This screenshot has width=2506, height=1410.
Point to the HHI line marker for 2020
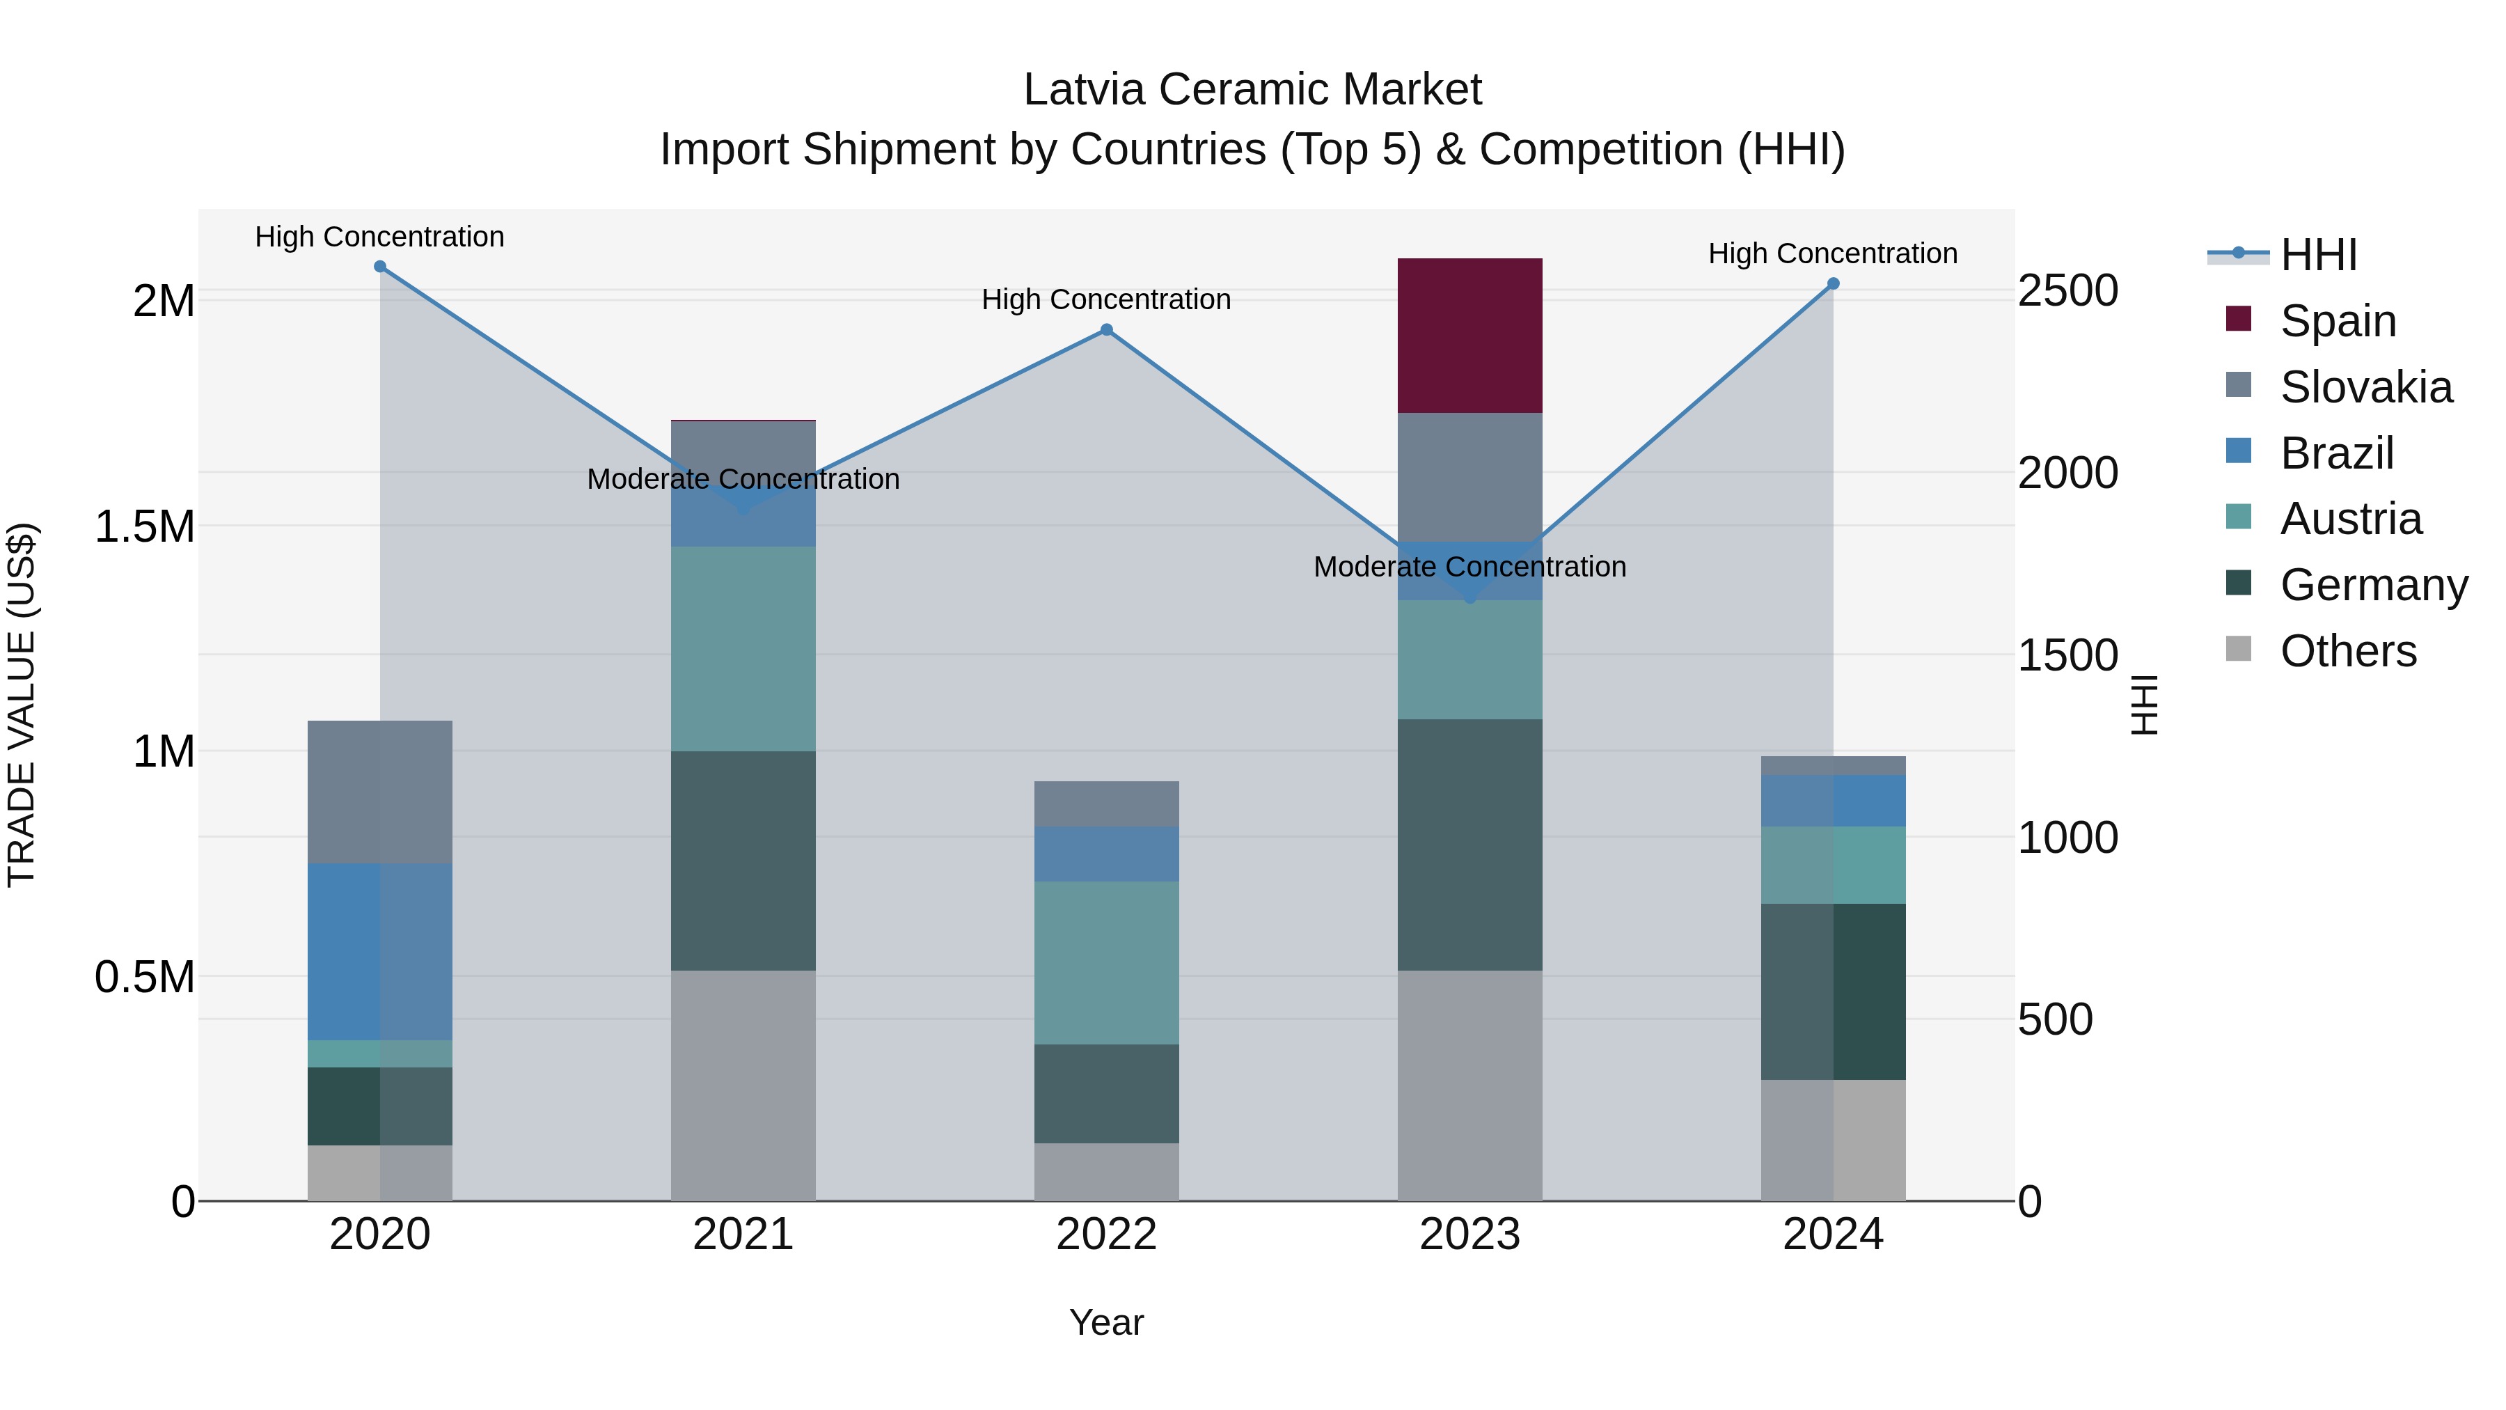(x=380, y=267)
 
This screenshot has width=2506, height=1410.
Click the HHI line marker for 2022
(x=1106, y=330)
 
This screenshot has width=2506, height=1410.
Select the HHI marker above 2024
(x=1833, y=284)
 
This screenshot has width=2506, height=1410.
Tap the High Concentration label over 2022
(x=1106, y=299)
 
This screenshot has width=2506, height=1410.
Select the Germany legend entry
(x=2373, y=585)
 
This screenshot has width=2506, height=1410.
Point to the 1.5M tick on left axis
(x=145, y=526)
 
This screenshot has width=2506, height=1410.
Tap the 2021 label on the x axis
(x=743, y=1234)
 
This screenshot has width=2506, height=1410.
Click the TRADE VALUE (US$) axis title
(x=22, y=705)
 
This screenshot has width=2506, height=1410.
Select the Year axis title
(x=1106, y=1322)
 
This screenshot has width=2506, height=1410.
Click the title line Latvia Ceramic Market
(x=1252, y=90)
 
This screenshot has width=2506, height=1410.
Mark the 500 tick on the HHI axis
(x=2055, y=1020)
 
